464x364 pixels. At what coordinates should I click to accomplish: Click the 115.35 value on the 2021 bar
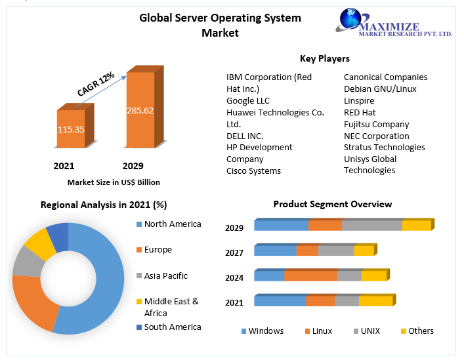71,130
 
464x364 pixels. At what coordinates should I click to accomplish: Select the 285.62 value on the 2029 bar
140,110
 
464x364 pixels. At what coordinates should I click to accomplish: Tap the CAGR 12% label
96,84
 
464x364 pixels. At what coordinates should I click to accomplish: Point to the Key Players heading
324,58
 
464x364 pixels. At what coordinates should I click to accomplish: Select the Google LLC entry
247,101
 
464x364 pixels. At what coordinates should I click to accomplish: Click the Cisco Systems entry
253,171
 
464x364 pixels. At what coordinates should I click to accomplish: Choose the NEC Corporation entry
376,136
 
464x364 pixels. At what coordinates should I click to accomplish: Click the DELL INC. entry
245,136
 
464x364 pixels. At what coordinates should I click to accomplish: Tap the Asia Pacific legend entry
165,276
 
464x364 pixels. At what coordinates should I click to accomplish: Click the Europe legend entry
158,250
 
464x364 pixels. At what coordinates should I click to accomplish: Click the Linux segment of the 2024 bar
310,275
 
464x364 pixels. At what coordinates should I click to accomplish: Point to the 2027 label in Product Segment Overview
234,253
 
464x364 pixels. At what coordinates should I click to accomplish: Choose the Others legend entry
420,331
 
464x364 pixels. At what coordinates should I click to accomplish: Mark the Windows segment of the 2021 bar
280,301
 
